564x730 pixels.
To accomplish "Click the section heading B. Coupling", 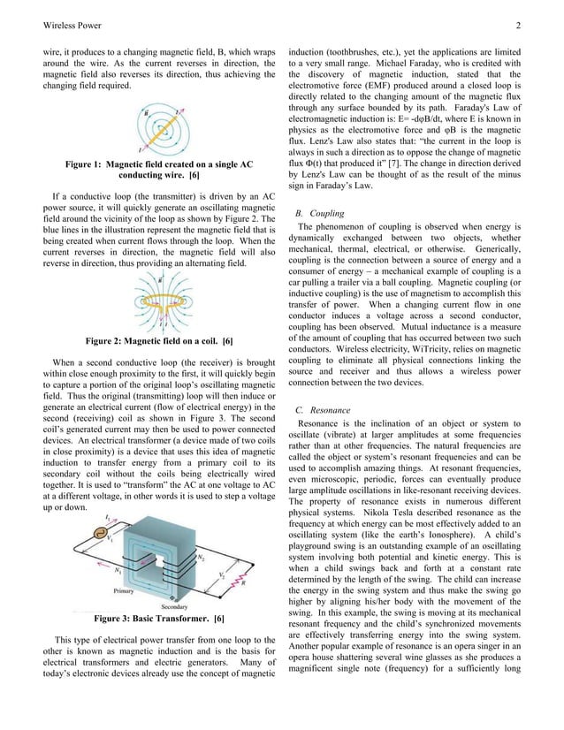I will (320, 214).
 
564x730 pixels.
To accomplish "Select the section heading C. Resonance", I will (324, 410).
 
